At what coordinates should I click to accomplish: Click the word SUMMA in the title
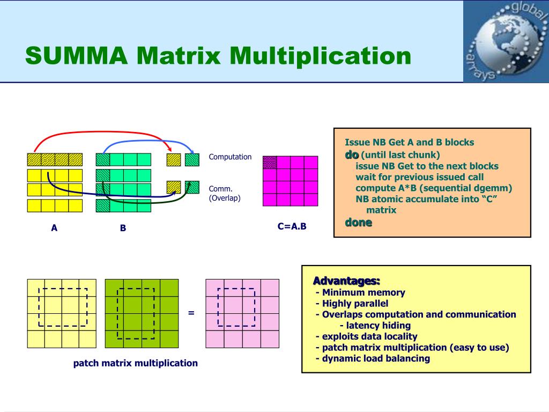(76, 56)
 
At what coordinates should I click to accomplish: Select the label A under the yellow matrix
(54, 228)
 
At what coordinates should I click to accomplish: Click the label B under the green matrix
(123, 228)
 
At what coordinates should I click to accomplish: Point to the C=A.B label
(292, 226)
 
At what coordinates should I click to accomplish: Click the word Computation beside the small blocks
(230, 157)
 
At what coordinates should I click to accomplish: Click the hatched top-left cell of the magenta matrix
(270, 163)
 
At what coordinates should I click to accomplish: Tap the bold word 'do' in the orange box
(351, 154)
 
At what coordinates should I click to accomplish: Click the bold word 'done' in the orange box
(358, 222)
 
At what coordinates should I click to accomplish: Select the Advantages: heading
(346, 281)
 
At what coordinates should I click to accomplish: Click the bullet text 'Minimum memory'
(363, 292)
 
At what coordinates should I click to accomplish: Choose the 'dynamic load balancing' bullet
(376, 358)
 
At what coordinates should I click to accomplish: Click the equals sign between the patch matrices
(191, 313)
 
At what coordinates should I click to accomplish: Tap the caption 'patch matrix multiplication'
(136, 363)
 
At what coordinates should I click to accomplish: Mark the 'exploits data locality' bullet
(369, 336)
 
